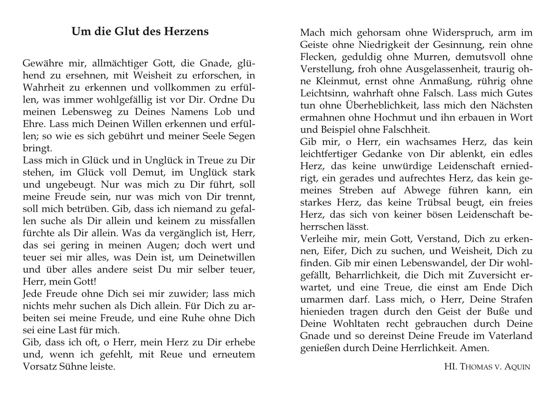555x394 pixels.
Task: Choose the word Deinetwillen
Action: [226, 257]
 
